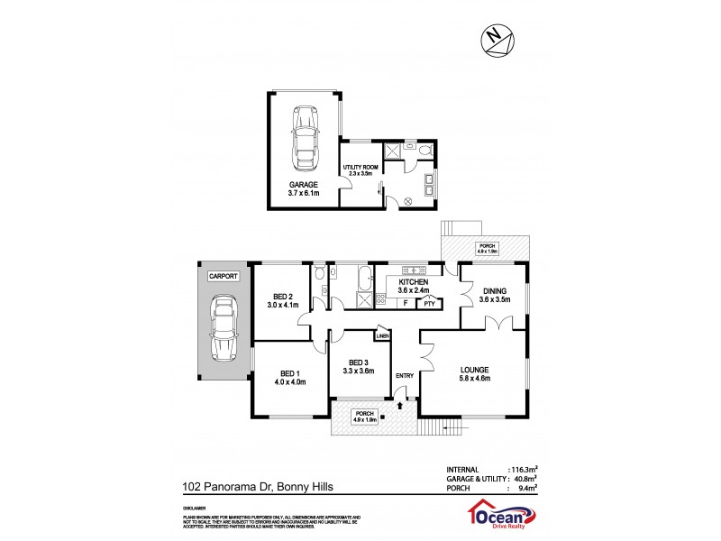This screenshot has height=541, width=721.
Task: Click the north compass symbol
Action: click(x=494, y=37)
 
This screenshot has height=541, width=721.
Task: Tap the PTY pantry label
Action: click(x=430, y=304)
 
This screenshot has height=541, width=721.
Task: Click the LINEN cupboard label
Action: click(x=382, y=335)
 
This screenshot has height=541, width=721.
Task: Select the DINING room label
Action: click(x=494, y=290)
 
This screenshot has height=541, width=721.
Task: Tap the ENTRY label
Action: click(x=404, y=376)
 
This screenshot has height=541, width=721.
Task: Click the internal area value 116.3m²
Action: click(x=525, y=470)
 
